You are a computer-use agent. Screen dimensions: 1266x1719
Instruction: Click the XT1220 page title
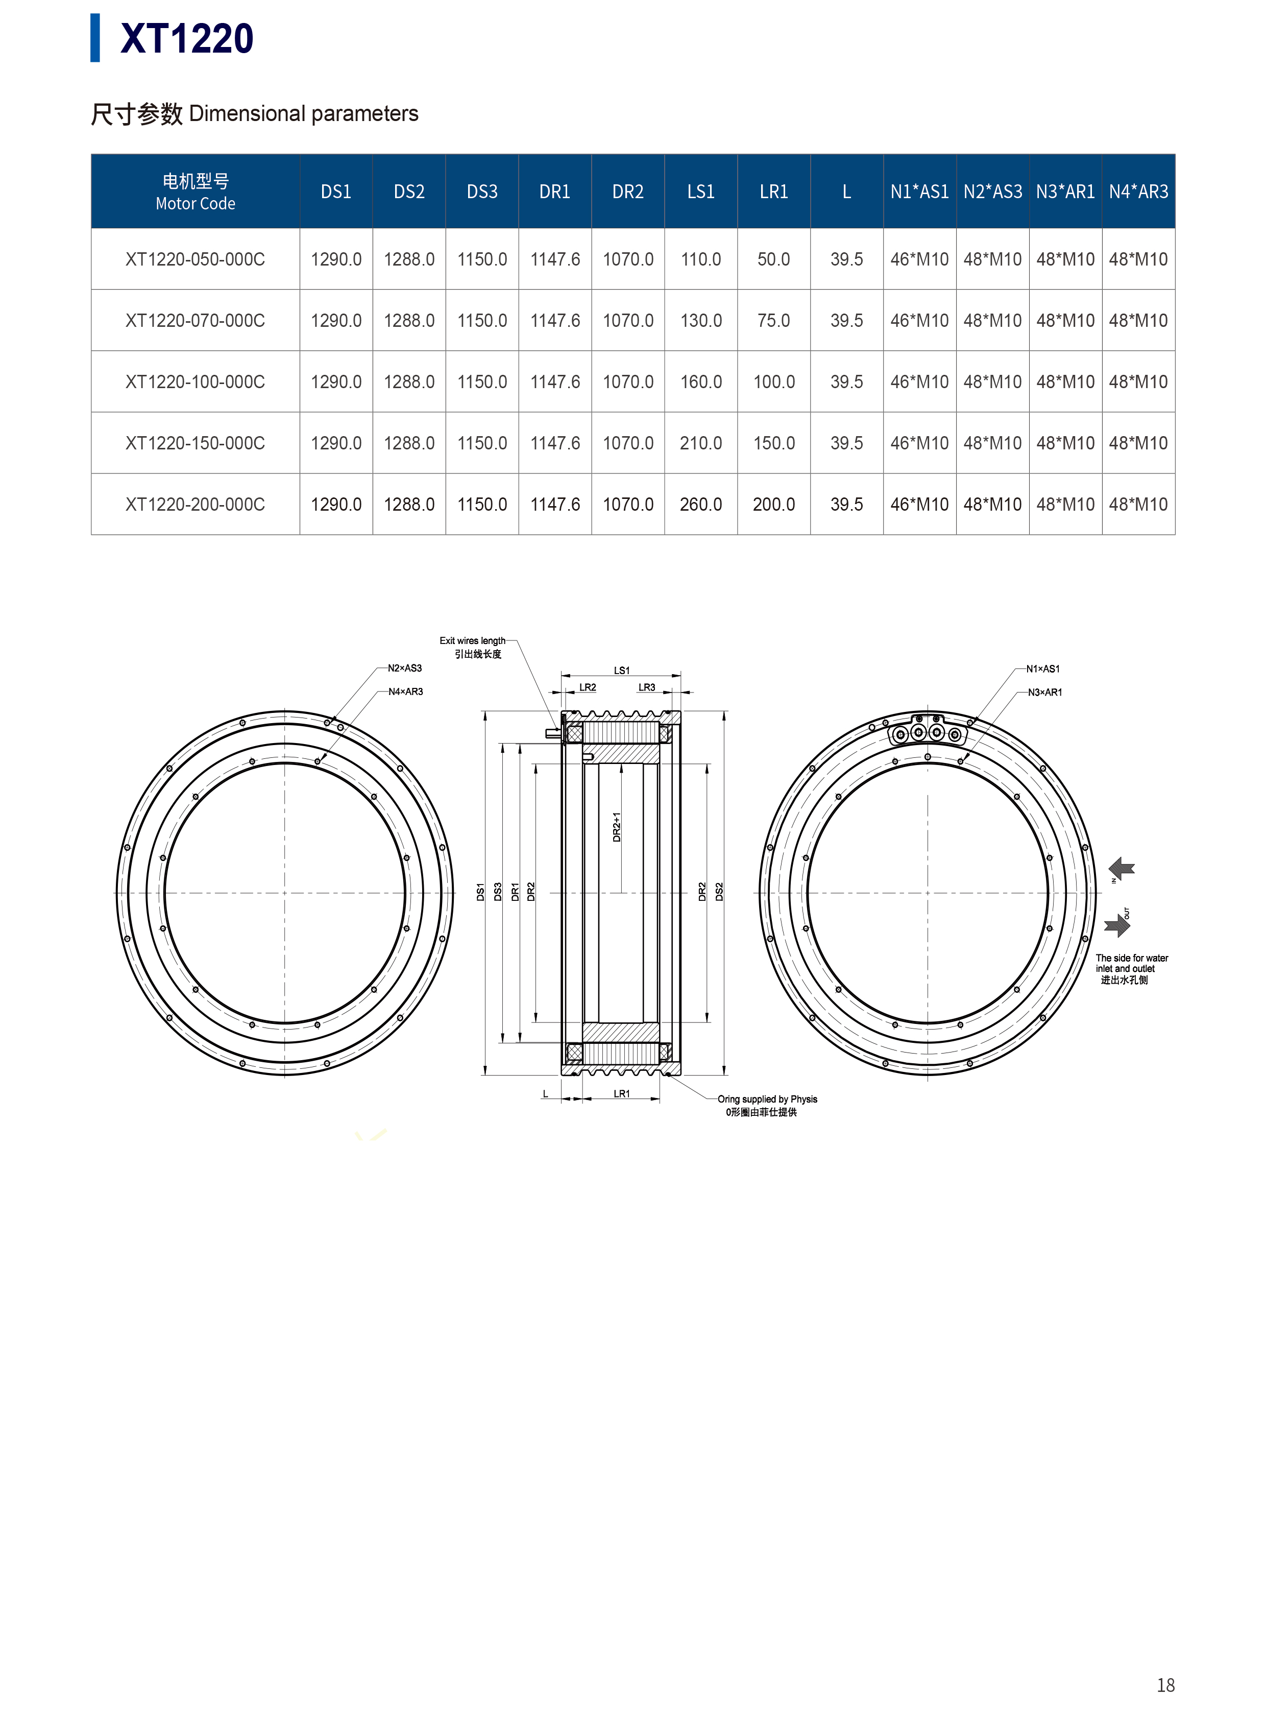(x=186, y=38)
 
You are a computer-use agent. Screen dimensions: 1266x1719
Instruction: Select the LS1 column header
(x=700, y=192)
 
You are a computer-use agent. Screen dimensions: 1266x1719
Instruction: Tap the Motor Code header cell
(x=196, y=192)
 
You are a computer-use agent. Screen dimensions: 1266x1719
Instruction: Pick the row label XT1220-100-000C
(x=196, y=382)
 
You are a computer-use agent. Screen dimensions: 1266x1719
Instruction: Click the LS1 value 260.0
(x=700, y=505)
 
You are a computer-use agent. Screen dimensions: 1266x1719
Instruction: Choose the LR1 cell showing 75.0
(x=773, y=321)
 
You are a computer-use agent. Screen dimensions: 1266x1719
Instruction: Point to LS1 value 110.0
(x=700, y=259)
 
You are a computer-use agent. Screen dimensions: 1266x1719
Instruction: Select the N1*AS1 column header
(x=919, y=192)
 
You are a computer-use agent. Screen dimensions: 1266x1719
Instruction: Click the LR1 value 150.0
(x=774, y=443)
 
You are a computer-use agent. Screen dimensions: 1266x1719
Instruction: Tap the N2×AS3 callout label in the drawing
(x=405, y=668)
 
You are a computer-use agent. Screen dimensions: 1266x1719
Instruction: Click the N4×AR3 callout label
(x=405, y=691)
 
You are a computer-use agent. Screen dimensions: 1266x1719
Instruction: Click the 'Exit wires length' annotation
(x=472, y=641)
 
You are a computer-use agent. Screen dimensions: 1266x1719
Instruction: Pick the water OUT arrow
(x=1117, y=925)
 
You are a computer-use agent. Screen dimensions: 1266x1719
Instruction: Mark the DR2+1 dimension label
(x=617, y=827)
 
